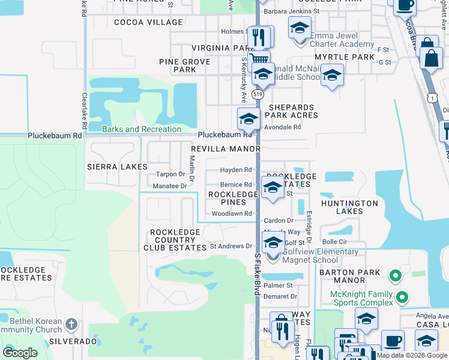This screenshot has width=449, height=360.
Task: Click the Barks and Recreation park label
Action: pos(142,129)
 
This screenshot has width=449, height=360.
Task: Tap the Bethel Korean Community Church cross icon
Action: pos(71,325)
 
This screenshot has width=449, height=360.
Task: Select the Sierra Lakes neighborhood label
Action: pos(117,166)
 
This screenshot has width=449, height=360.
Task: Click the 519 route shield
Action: pos(258,95)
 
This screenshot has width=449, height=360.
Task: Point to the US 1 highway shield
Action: pos(432,97)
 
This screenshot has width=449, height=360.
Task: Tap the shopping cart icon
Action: pos(259,59)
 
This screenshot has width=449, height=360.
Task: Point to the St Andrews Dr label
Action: pos(231,246)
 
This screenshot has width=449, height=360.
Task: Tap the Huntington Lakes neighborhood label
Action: pos(349,207)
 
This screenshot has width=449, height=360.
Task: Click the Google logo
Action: pos(20,352)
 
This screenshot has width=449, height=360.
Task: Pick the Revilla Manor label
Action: pos(225,148)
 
